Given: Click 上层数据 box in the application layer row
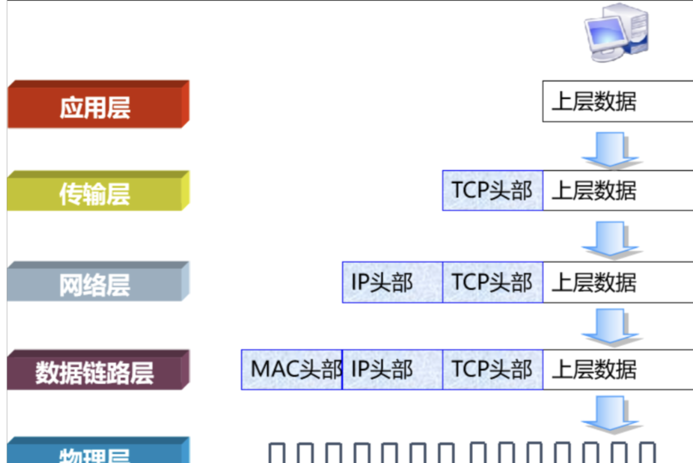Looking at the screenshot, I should pyautogui.click(x=617, y=101).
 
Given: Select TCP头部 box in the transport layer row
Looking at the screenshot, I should pyautogui.click(x=493, y=191).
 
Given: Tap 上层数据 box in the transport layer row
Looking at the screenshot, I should pyautogui.click(x=617, y=191).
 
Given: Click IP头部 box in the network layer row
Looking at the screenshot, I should pyautogui.click(x=392, y=282).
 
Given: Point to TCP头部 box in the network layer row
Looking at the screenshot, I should pyautogui.click(x=493, y=282).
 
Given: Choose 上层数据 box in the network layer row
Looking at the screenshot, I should pyautogui.click(x=617, y=282).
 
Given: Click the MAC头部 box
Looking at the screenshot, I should pyautogui.click(x=292, y=369).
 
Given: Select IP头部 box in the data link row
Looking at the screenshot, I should pyautogui.click(x=392, y=369).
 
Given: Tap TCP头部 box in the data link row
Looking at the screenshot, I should pyautogui.click(x=493, y=369).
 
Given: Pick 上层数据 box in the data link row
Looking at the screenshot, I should pyautogui.click(x=617, y=369).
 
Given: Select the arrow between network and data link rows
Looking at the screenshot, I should pyautogui.click(x=610, y=326).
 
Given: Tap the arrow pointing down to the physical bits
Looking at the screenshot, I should pyautogui.click(x=610, y=413).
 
